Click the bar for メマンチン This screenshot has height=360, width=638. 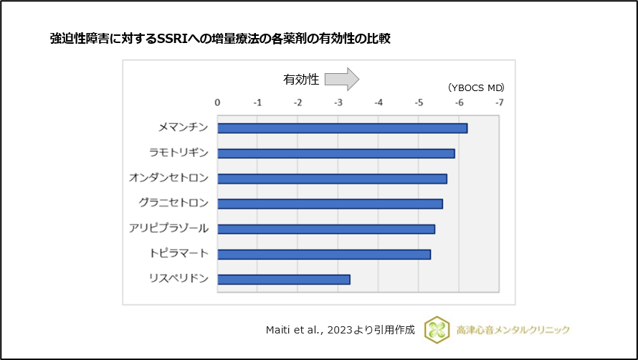pos(342,128)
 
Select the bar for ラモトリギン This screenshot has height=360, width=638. pos(335,153)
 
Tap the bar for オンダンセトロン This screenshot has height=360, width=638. pos(332,179)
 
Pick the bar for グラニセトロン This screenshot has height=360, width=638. pos(330,204)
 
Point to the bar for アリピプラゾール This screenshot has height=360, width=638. pos(326,229)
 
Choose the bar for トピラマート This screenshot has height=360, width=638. pos(324,254)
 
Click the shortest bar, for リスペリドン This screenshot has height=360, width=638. pos(284,279)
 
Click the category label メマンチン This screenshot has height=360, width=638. pos(183,128)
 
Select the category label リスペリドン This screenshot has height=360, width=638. pos(178,278)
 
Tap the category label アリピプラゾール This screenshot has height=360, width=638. pos(168,228)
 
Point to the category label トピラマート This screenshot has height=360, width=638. pos(178,253)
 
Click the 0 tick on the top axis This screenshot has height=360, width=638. pos(218,103)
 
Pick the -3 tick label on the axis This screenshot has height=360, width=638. pos(338,103)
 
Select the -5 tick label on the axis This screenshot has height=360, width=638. pos(419,103)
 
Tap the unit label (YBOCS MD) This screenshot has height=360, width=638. pos(476,87)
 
